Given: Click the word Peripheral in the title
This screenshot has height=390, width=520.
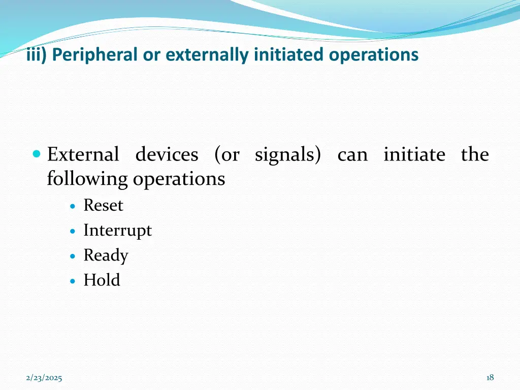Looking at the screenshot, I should pos(94,55).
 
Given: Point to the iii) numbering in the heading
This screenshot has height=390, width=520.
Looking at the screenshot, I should pos(36,55).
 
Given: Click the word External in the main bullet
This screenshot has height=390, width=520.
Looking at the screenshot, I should pos(83,154).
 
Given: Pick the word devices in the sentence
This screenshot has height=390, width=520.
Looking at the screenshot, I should pos(167,154).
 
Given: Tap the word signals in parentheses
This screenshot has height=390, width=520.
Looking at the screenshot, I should pos(284,154).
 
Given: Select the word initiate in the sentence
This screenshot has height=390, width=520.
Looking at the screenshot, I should pos(414,154).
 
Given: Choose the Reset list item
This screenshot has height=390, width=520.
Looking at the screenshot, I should pos(103,206).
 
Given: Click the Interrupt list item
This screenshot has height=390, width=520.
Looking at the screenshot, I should pos(117,231).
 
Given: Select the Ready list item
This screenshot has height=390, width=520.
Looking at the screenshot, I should pos(106,255).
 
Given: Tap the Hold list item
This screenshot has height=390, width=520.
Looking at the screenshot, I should pos(102,280).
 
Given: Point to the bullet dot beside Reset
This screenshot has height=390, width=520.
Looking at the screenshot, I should pos(74,206).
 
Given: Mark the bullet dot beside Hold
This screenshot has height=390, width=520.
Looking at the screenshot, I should pos(74,281).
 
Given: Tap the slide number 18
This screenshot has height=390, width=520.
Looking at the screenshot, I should pos(490,377).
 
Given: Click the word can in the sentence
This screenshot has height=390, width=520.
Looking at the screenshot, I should pos(352,154).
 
